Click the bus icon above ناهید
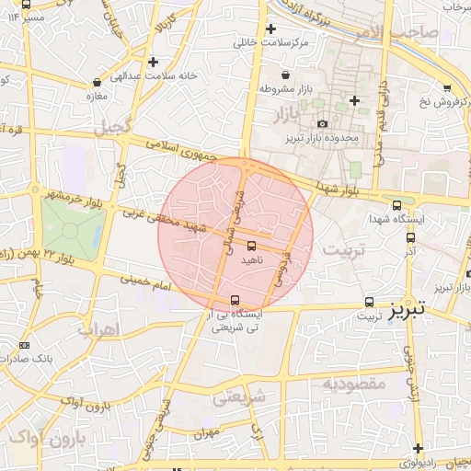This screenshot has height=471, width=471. [252, 246]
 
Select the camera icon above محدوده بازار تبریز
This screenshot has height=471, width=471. [322, 124]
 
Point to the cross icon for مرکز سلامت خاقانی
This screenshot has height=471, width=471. [270, 29]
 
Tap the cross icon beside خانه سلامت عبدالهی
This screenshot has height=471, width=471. [153, 63]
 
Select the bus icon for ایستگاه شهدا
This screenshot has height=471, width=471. [396, 205]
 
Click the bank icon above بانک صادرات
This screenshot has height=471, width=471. [23, 344]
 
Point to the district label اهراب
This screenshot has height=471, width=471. [95, 328]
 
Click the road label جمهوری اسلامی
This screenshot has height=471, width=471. [182, 150]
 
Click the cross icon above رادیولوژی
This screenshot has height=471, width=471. [418, 448]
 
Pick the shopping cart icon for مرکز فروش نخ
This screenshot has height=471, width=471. [447, 88]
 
